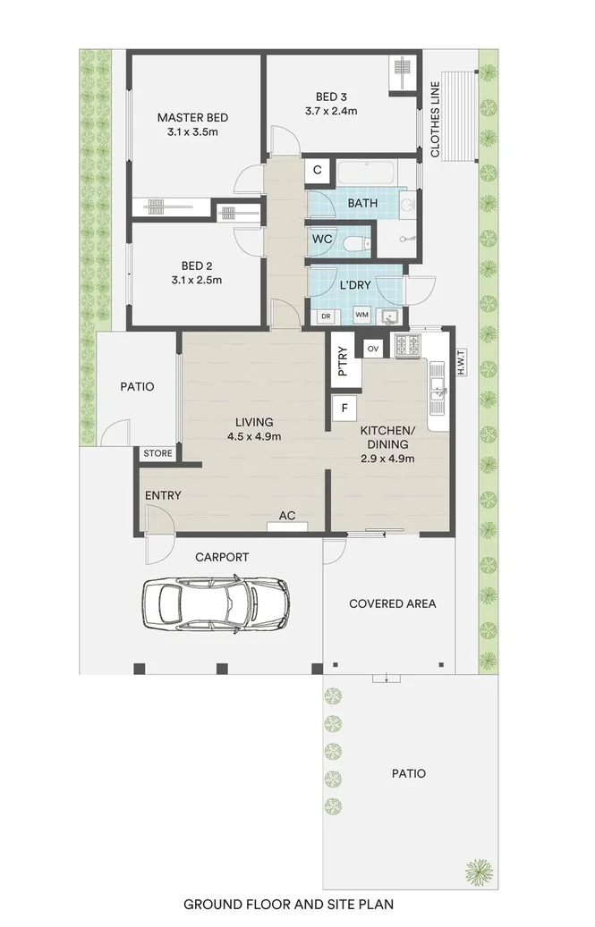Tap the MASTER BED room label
192,117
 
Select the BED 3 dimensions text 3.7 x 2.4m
330,112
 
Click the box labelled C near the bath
317,170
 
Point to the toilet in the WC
357,241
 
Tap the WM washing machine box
361,316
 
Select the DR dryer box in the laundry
325,316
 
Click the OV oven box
373,347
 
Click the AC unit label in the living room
287,516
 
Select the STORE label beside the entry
158,453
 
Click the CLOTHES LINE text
435,120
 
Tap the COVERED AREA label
392,603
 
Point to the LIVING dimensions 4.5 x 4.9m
254,437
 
